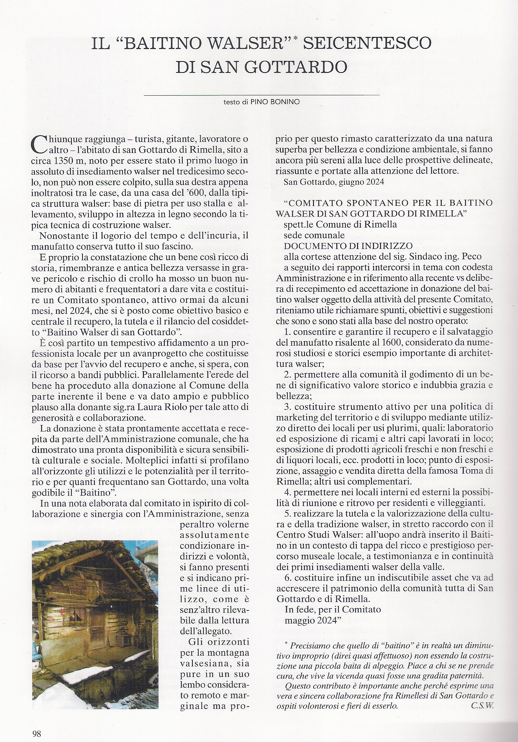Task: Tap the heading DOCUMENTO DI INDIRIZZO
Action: pyautogui.click(x=348, y=246)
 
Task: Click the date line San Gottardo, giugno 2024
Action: pyautogui.click(x=334, y=182)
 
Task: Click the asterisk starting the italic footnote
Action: pyautogui.click(x=286, y=643)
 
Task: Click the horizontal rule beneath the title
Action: pyautogui.click(x=261, y=95)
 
